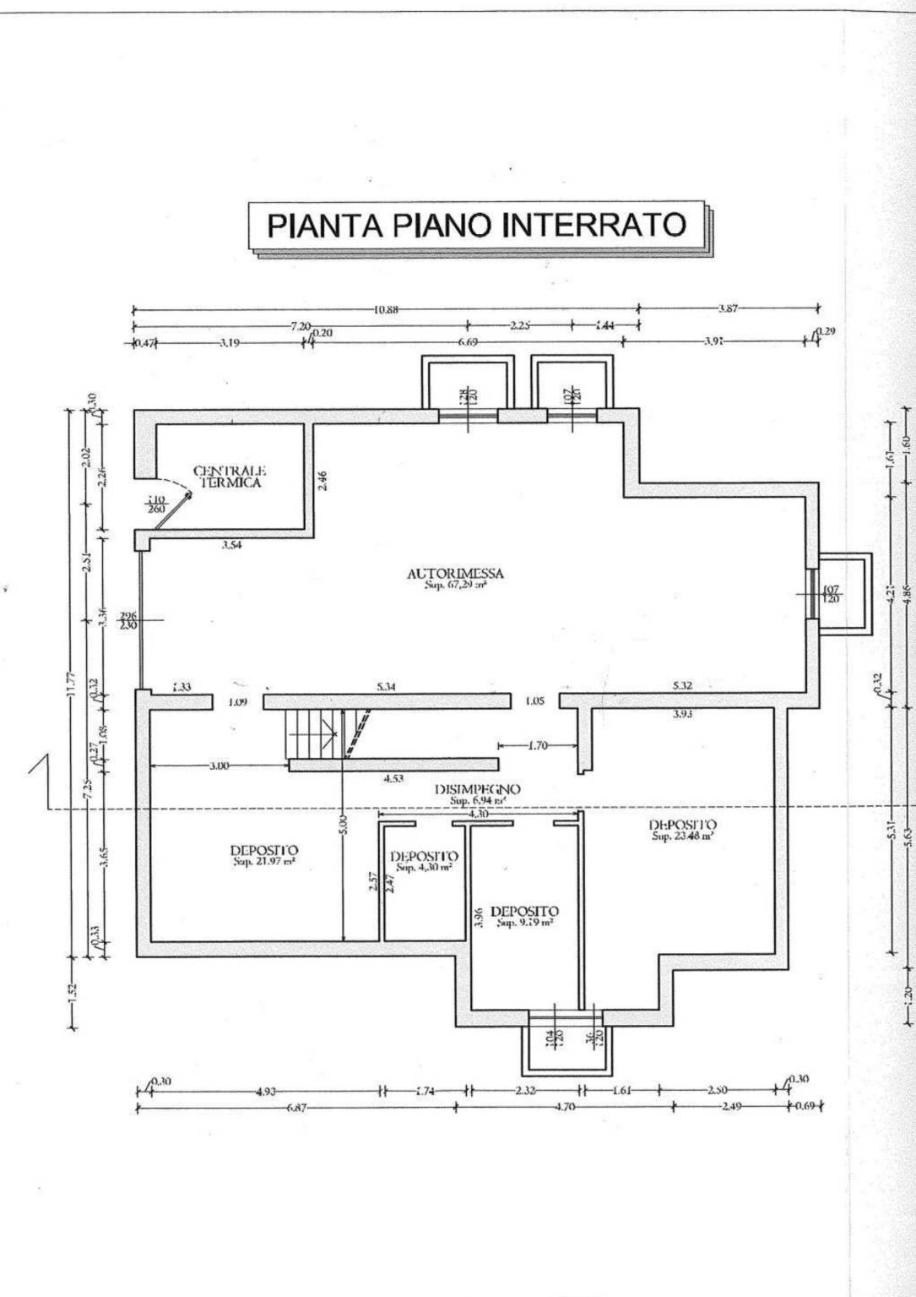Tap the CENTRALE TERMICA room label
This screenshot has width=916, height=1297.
[230, 477]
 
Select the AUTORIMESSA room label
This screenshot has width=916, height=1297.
[455, 575]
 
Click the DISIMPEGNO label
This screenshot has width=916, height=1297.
[478, 793]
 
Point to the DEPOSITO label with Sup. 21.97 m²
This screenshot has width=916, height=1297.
[264, 854]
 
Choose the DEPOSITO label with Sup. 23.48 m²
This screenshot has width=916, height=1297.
[683, 829]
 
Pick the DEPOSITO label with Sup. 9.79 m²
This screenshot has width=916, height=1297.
[524, 916]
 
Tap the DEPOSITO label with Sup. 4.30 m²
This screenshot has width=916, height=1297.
[425, 860]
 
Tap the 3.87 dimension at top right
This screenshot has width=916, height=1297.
[728, 308]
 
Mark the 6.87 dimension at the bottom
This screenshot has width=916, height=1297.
[296, 1108]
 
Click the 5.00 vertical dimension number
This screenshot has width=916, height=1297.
[342, 823]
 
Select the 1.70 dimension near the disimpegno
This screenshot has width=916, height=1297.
[537, 746]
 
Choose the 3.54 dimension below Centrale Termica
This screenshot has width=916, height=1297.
[231, 545]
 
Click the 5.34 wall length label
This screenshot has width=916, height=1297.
[386, 687]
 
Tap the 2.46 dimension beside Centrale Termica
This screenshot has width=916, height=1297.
[323, 481]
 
